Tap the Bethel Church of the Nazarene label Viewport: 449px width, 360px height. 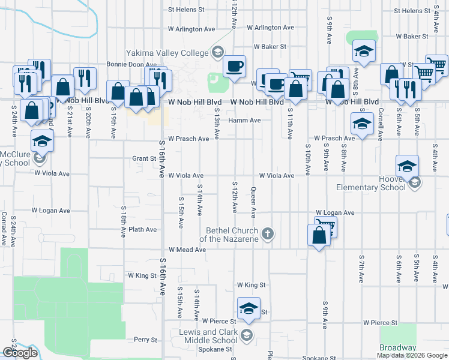click(x=232, y=234)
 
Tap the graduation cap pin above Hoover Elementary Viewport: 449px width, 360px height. click(x=407, y=167)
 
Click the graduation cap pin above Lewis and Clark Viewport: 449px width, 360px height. click(x=249, y=309)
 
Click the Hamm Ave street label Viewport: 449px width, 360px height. click(x=244, y=121)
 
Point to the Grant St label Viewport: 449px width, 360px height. click(x=144, y=159)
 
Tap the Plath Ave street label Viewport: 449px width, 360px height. click(x=142, y=230)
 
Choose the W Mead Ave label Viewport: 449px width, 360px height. click(x=187, y=250)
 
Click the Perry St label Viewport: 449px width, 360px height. click(x=146, y=340)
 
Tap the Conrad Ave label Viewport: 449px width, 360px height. click(x=4, y=229)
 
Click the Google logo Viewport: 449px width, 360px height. click(x=20, y=353)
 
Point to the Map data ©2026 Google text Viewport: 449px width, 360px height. click(x=412, y=355)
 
